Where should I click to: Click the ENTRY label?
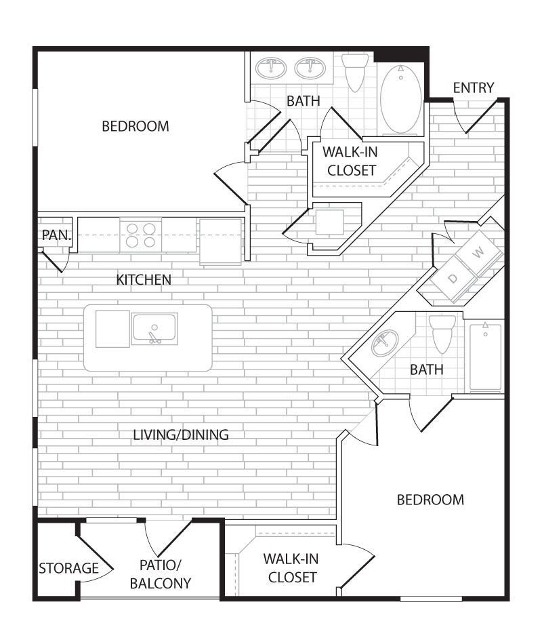coord(474,87)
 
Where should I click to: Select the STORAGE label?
coord(68,568)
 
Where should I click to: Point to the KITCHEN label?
coord(144,279)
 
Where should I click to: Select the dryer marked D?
coord(453,278)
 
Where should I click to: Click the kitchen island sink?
coord(154,328)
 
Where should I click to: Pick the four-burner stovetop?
coord(141,235)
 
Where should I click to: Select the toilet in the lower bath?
coord(442,333)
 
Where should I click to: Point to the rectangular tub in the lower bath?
coord(486,357)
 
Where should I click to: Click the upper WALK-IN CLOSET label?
coord(350,161)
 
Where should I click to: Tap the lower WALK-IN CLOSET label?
coord(291,568)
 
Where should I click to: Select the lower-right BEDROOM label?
coord(430,500)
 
